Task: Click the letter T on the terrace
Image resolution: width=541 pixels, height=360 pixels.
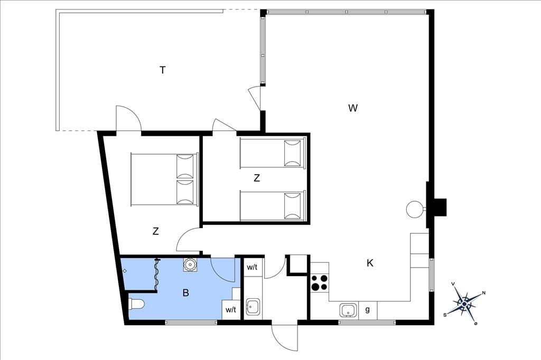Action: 163,70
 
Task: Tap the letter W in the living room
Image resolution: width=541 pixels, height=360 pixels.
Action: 352,108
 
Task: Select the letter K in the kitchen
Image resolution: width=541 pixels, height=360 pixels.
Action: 370,263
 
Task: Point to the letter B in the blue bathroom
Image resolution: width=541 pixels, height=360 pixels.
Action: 185,293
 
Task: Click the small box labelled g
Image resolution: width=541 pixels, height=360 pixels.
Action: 368,310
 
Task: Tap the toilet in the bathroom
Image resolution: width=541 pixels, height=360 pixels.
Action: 136,304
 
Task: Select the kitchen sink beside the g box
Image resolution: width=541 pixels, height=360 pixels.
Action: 349,310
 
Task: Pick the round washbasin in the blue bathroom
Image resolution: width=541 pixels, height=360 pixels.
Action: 190,264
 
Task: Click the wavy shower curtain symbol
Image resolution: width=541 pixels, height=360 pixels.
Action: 157,274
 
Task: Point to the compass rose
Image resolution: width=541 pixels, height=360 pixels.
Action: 464,304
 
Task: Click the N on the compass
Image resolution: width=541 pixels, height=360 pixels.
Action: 484,293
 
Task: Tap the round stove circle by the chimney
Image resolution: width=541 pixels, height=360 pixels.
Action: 414,210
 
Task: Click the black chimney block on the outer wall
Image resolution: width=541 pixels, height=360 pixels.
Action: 440,207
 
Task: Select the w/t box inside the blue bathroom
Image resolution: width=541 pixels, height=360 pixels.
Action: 231,310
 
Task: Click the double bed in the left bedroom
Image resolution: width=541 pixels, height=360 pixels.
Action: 164,179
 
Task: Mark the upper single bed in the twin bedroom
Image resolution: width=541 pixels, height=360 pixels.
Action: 273,153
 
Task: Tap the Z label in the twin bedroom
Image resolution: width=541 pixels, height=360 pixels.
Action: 257,178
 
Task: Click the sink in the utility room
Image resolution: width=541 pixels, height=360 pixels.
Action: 253,307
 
